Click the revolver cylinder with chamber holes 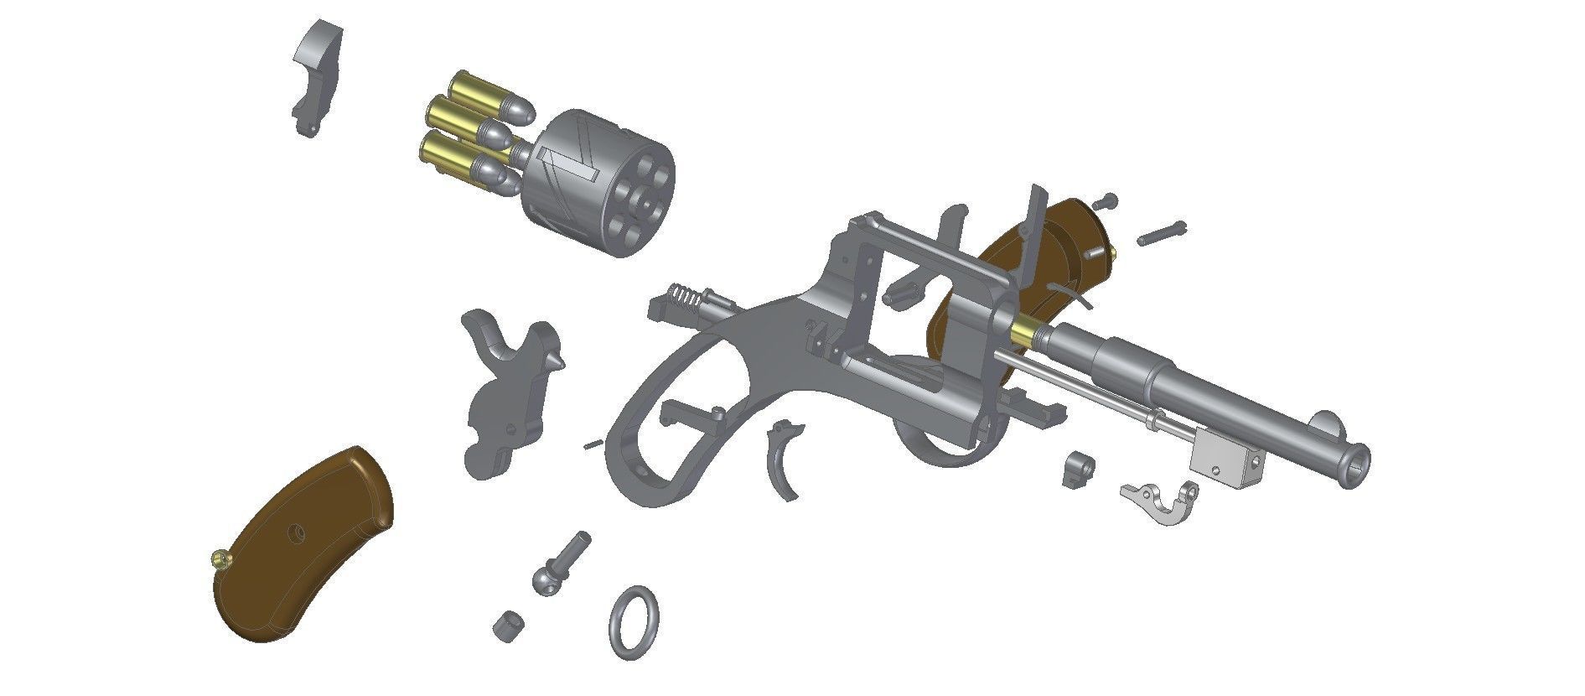[599, 184]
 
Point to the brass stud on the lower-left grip [219, 559]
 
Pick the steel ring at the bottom [634, 622]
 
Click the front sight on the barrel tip [1326, 424]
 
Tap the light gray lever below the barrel [1161, 502]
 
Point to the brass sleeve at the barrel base [1024, 333]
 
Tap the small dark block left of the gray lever [1078, 470]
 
